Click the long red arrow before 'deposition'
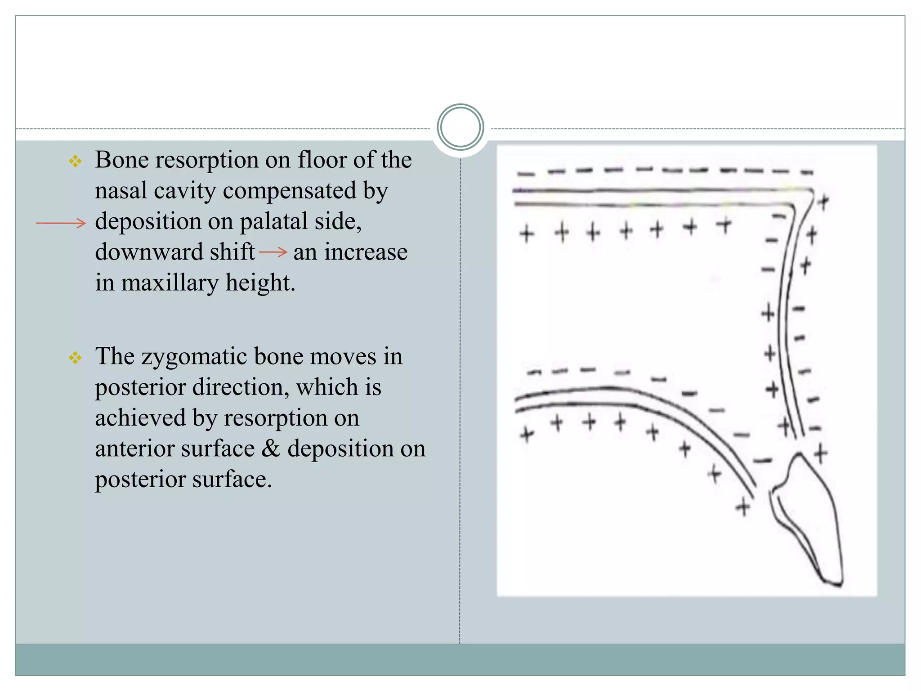tap(61, 223)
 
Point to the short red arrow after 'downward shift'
tap(273, 252)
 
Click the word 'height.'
tap(260, 283)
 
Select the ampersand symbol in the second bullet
tap(271, 449)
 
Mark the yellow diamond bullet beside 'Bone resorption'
tap(75, 161)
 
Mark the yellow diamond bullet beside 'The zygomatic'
tap(75, 358)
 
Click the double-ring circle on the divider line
tap(460, 127)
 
